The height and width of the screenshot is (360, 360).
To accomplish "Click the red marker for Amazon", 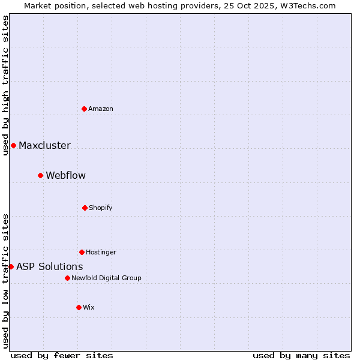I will [85, 109].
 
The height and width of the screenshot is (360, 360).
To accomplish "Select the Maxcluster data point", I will [13, 145].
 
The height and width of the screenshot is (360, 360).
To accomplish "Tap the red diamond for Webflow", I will [41, 175].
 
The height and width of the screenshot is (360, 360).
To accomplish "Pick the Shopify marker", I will [85, 208].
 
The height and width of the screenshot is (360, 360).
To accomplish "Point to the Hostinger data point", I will [82, 252].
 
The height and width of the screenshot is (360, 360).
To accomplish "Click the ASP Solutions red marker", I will [11, 266].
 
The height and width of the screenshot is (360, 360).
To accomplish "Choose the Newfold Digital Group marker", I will [67, 278].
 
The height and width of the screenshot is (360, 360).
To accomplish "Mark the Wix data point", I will [79, 307].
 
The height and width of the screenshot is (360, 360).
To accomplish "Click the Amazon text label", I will [101, 109].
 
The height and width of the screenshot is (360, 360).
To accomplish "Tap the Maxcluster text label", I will [44, 145].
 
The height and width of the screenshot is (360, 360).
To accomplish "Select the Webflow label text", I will [65, 175].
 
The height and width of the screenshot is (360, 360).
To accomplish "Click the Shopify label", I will [101, 208].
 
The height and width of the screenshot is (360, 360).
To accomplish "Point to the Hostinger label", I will [101, 252].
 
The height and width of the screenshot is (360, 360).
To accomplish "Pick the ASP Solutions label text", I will [50, 266].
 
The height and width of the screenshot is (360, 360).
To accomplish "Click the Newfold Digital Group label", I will [106, 278].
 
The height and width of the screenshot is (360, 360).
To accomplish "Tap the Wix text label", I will [89, 307].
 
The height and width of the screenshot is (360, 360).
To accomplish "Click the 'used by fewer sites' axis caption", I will [62, 355].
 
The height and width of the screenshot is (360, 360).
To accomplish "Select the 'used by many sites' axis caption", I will [301, 355].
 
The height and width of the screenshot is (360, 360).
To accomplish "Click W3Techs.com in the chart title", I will [306, 5].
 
